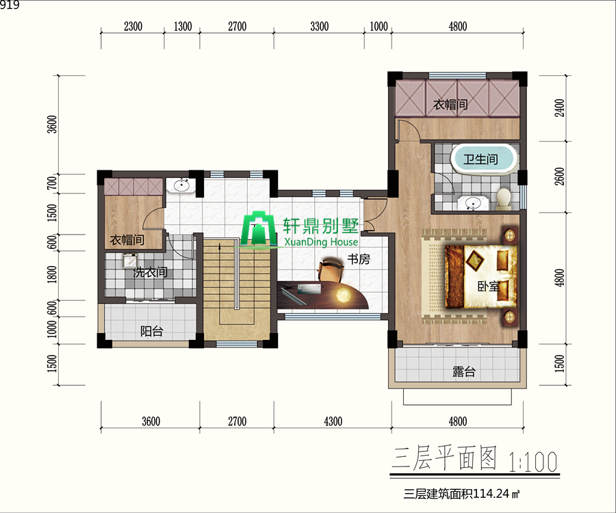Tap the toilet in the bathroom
[504, 197]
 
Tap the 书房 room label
[359, 259]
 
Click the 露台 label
[464, 372]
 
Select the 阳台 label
[151, 332]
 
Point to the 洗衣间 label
[150, 272]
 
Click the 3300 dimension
[320, 27]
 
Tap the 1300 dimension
[183, 27]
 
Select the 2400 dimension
[559, 109]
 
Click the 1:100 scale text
[533, 460]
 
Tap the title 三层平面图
[444, 459]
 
